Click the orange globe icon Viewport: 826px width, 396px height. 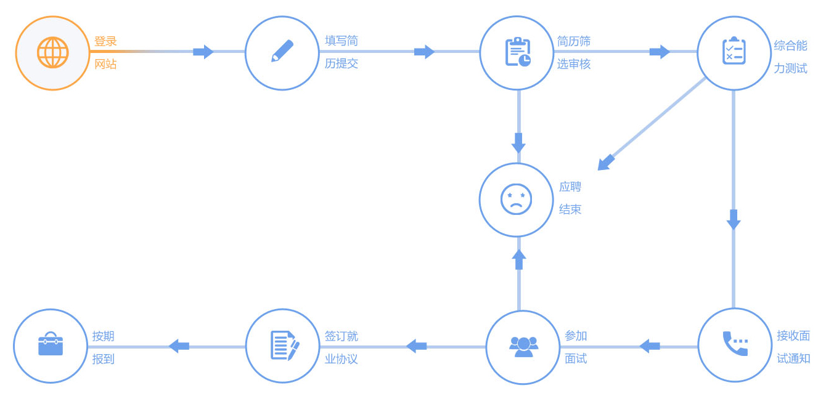click(52, 53)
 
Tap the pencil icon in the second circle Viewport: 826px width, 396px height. click(282, 51)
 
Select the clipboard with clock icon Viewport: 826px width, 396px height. click(518, 52)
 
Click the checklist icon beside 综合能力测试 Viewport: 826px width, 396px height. click(734, 51)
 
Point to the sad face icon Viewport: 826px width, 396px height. click(516, 200)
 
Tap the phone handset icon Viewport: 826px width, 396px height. click(735, 344)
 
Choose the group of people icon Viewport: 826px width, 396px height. click(523, 346)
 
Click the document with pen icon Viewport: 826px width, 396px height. click(284, 345)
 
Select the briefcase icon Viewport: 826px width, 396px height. click(51, 344)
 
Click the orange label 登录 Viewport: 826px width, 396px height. click(105, 41)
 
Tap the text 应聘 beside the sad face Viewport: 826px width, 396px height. click(570, 187)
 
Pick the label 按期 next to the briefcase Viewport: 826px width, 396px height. click(103, 336)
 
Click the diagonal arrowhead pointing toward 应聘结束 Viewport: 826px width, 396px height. click(605, 163)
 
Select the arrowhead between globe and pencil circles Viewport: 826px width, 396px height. click(203, 52)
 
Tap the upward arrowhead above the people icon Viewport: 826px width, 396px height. click(519, 259)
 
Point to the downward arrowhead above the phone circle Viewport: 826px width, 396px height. click(733, 220)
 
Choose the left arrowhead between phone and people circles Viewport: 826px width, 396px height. click(650, 346)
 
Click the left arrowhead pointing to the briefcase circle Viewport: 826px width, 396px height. click(179, 346)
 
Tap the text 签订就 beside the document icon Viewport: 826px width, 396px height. click(341, 336)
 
